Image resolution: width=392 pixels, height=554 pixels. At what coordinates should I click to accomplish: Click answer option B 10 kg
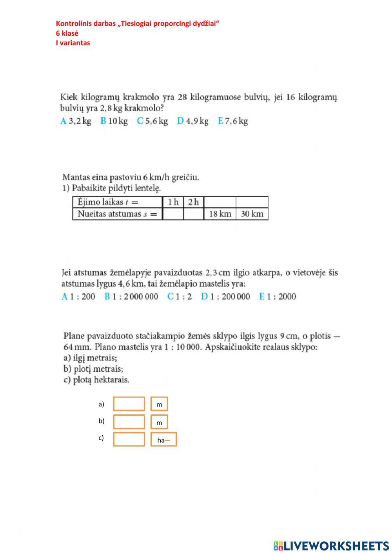click(114, 121)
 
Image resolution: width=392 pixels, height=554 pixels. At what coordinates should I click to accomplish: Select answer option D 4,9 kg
click(192, 121)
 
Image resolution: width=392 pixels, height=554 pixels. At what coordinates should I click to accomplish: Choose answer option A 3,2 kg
click(76, 121)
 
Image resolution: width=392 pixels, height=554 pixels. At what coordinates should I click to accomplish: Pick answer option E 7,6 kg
click(233, 121)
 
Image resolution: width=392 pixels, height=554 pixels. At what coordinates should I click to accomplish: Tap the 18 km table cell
click(220, 214)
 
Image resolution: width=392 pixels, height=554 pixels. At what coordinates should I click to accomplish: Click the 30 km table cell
click(252, 214)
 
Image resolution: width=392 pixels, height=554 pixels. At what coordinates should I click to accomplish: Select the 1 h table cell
click(173, 202)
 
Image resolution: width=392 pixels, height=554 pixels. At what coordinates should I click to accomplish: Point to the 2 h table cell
click(193, 202)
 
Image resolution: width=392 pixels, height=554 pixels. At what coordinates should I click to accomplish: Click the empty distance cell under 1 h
click(173, 214)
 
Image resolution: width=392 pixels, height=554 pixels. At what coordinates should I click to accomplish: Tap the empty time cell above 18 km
click(220, 202)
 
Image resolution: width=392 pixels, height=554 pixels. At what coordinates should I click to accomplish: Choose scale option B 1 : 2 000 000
click(131, 296)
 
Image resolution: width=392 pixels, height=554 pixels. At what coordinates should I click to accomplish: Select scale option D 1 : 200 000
click(225, 296)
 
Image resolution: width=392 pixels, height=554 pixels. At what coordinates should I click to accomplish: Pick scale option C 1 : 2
click(180, 296)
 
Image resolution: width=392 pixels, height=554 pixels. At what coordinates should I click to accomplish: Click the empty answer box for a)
click(129, 404)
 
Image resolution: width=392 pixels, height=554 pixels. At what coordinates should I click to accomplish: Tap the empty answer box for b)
click(129, 422)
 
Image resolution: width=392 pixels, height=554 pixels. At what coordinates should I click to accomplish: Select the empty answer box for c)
click(129, 439)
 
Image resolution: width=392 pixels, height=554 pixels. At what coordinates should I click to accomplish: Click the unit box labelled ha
click(163, 440)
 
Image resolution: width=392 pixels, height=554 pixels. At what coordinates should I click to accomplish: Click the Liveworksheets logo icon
click(278, 546)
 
